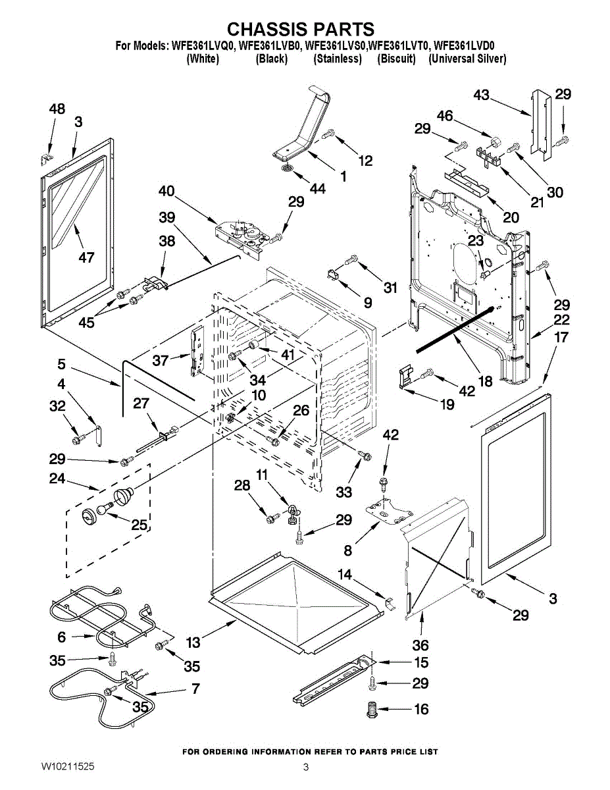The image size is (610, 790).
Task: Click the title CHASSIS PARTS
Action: [x=301, y=29]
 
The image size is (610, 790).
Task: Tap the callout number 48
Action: [x=57, y=109]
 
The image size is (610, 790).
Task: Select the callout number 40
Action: [x=166, y=192]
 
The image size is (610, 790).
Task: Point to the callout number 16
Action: [x=420, y=709]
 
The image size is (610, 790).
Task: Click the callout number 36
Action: [x=420, y=645]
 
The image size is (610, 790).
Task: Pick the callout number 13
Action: [x=193, y=642]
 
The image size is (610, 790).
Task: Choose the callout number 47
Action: [x=86, y=257]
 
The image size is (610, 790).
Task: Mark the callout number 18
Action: [x=485, y=381]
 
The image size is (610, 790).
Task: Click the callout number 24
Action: [x=57, y=479]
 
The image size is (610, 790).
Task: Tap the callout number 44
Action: [x=317, y=189]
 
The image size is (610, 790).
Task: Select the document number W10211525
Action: [x=67, y=766]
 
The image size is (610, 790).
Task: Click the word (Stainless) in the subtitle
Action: [x=338, y=59]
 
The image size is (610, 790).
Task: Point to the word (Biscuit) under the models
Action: [x=396, y=59]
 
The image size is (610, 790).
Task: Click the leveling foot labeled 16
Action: [x=372, y=710]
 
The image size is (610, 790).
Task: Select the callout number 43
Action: [x=482, y=95]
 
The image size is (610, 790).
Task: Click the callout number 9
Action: [x=367, y=303]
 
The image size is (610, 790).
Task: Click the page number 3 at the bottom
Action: [x=306, y=766]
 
